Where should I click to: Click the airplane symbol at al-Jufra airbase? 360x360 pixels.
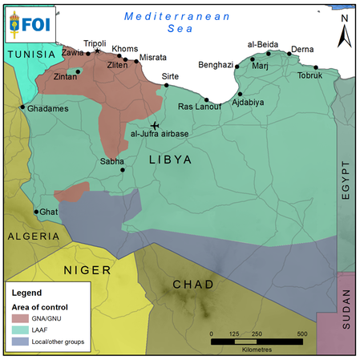coord(155,125)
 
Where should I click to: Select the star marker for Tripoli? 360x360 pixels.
coord(98,51)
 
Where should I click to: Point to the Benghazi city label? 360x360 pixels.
coord(215,64)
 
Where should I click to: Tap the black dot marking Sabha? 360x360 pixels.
coord(122,169)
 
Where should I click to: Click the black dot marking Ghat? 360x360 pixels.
coord(36,212)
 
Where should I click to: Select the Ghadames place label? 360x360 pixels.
coord(43,107)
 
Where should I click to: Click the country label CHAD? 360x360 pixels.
coord(193,285)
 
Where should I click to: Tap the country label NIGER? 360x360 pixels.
coord(87,270)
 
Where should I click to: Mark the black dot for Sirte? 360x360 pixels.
coord(167,84)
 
